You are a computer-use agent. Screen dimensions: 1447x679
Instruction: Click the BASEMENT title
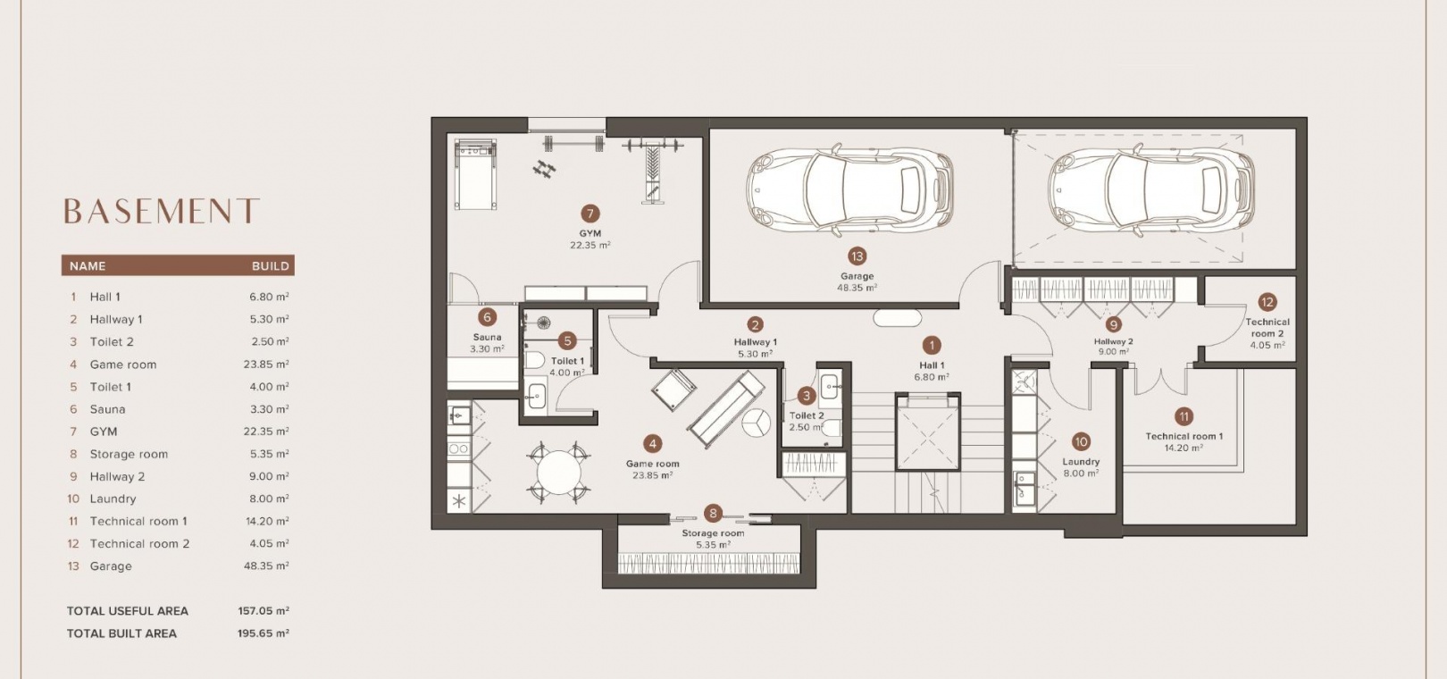pos(161,211)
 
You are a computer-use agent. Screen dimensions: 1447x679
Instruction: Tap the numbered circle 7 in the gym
pos(590,214)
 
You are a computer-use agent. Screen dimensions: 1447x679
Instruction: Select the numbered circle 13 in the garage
pos(857,256)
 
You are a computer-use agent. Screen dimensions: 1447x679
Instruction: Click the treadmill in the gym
pos(475,173)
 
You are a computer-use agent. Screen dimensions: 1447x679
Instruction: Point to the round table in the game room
pos(559,473)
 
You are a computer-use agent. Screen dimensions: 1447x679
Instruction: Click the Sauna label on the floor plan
pos(487,337)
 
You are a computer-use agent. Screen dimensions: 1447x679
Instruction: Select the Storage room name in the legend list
pos(129,454)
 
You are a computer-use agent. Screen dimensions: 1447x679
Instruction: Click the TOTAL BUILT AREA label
pos(121,633)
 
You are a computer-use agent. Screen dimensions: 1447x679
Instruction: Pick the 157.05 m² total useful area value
pos(263,611)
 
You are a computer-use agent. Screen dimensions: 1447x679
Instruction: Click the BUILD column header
pos(270,266)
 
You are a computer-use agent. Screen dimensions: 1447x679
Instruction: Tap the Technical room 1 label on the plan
pos(1184,436)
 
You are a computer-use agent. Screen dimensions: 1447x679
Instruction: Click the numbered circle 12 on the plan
pos(1267,302)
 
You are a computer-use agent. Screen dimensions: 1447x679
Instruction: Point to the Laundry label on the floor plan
pos(1081,462)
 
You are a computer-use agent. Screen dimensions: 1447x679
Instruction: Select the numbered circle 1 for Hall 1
pos(931,346)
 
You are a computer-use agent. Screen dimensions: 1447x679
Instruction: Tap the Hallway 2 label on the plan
pos(1113,342)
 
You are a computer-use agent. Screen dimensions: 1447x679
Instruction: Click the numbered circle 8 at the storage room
pos(713,514)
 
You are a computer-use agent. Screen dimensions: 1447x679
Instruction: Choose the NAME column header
pos(88,266)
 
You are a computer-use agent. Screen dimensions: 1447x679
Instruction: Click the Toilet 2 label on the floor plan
pos(807,416)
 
